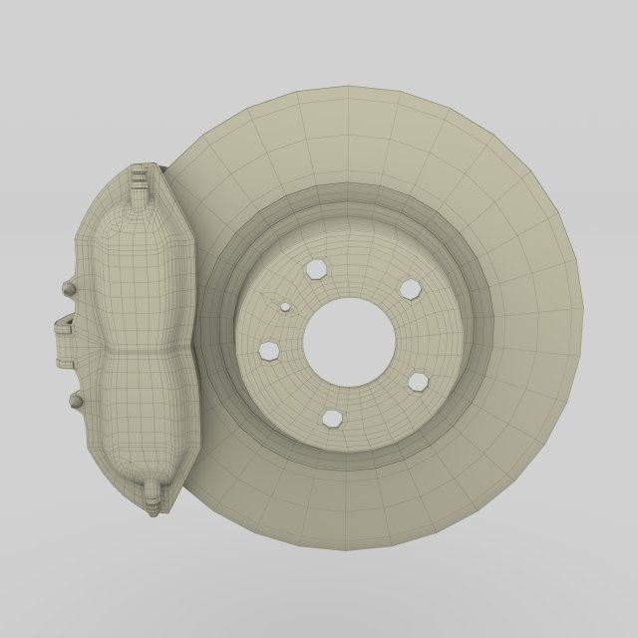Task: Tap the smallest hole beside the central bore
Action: click(285, 307)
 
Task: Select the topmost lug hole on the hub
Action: click(317, 268)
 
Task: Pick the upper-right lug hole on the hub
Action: click(410, 289)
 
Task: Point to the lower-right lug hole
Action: click(419, 382)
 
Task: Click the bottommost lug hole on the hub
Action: click(332, 419)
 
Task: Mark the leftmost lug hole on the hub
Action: click(269, 350)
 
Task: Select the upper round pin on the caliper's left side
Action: click(69, 288)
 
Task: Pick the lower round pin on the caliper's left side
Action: click(75, 401)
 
